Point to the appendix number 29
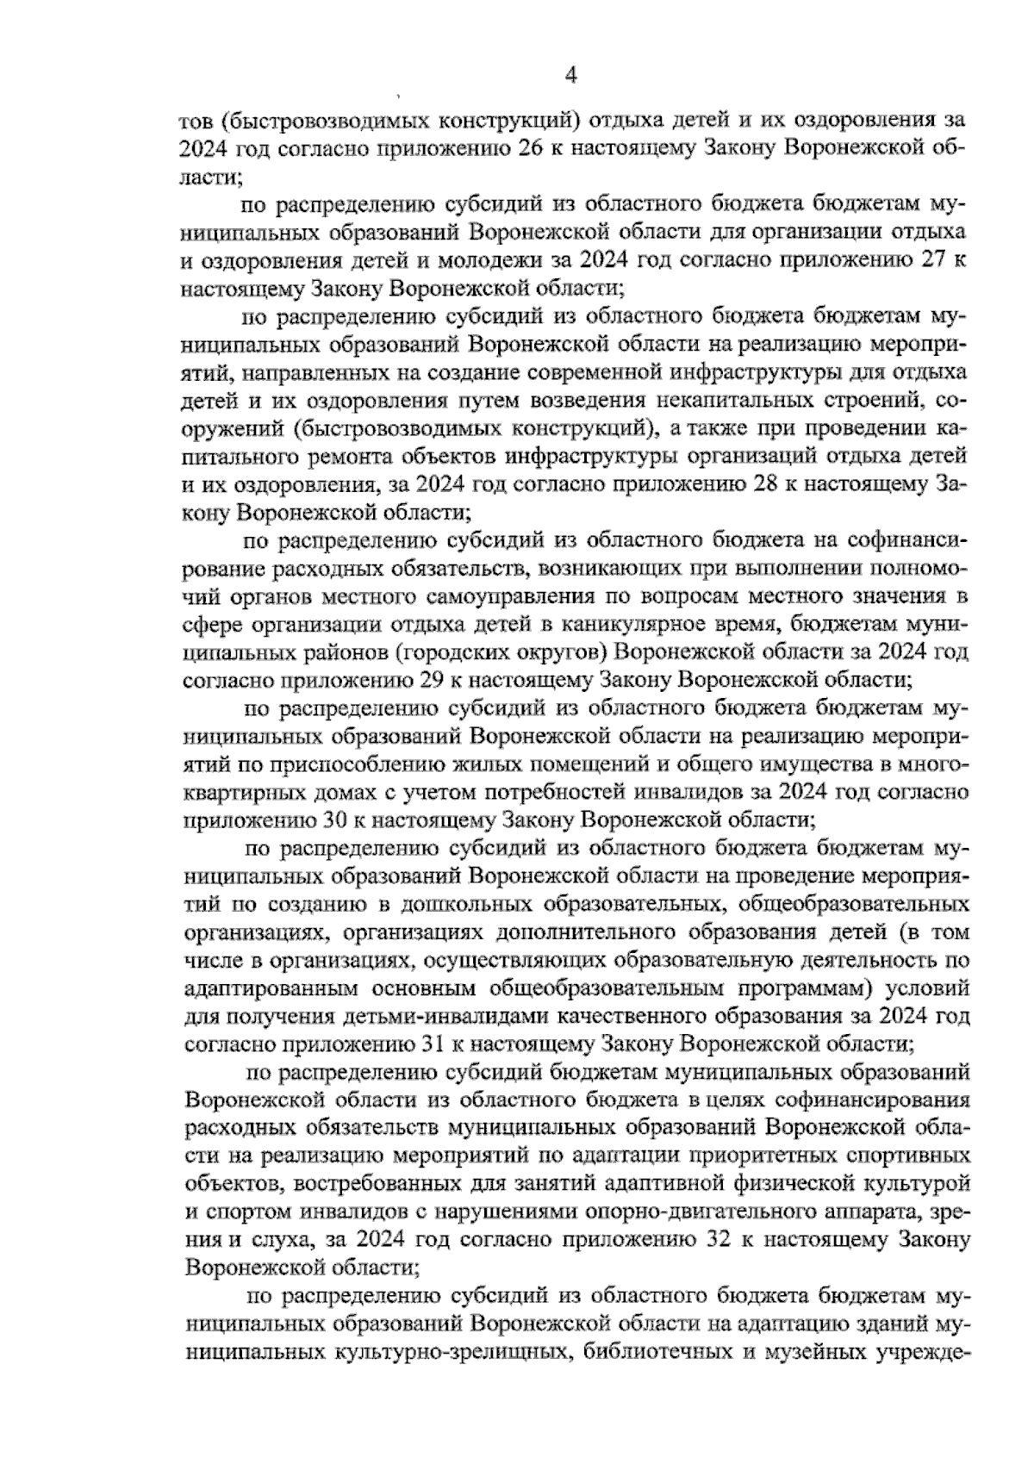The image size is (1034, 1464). [429, 680]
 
